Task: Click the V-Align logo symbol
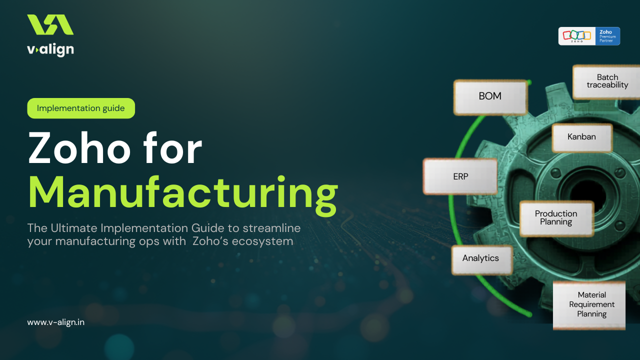pos(50,25)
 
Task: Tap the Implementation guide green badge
pos(81,108)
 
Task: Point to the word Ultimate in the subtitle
pos(73,228)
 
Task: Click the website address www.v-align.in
pos(56,322)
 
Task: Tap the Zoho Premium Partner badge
pos(589,36)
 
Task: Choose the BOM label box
pos(490,96)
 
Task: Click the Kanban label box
pos(581,137)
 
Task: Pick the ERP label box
pos(460,176)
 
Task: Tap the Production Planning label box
pos(556,218)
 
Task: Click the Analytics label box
pos(480,258)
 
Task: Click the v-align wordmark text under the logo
pos(50,49)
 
